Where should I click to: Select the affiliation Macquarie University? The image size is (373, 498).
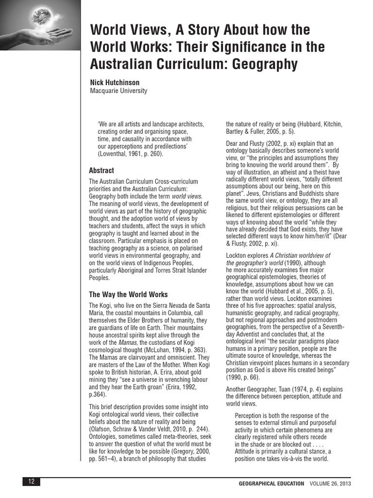(119, 91)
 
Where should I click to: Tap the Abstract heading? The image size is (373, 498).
(102, 171)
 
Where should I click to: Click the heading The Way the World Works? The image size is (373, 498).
(128, 294)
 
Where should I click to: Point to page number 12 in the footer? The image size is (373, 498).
(31, 482)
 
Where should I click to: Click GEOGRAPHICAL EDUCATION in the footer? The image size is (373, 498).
(271, 483)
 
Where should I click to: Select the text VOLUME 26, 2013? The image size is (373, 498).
(330, 483)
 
